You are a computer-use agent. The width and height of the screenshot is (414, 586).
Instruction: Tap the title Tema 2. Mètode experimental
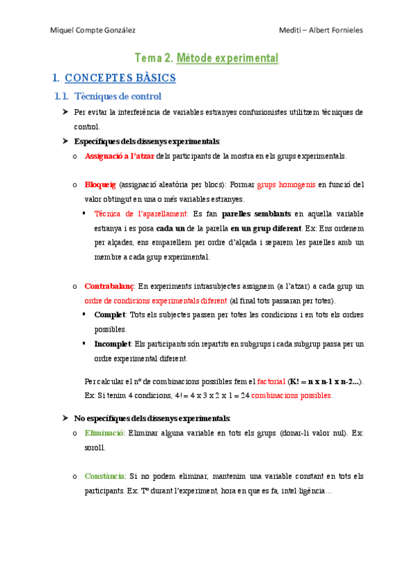click(206, 58)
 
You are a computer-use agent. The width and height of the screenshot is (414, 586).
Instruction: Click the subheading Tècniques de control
click(117, 97)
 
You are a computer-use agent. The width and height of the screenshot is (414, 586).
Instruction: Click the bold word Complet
click(109, 315)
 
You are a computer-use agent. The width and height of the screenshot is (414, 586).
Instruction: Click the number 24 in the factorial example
click(245, 396)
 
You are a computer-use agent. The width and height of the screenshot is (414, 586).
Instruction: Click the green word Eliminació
click(104, 433)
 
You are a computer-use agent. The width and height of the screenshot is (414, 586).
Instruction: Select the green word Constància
click(104, 476)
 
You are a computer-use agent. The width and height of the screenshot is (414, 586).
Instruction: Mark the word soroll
click(95, 447)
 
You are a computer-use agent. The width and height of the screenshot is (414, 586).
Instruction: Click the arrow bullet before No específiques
click(64, 418)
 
